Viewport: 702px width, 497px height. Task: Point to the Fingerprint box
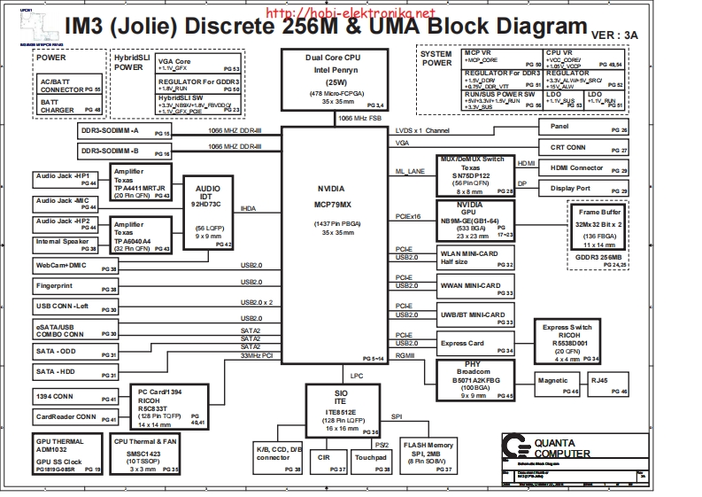tap(75, 288)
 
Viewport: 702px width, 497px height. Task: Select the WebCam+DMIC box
tap(75, 266)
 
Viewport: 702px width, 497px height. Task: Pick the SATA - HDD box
tap(75, 372)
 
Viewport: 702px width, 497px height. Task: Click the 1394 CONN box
tap(75, 396)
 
